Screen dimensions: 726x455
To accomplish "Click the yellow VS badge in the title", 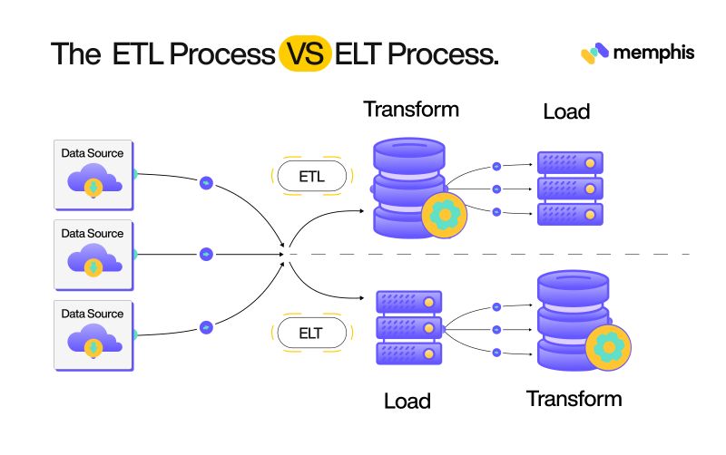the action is [305, 53].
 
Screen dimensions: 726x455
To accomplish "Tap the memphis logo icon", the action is [594, 53].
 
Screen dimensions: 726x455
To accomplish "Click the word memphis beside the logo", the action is [653, 53].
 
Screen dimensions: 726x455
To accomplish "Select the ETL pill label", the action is [311, 176].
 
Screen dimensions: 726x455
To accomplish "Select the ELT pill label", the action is [311, 333].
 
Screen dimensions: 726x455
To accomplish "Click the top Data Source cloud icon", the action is [94, 180].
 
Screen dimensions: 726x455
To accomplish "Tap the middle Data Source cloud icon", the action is [94, 261].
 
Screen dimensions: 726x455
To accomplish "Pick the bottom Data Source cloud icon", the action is [94, 341].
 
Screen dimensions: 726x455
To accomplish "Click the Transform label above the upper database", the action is [411, 110].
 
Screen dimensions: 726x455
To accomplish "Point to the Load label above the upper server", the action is [566, 111].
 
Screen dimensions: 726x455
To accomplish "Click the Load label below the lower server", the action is [407, 401].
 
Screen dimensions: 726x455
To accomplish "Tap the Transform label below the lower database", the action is [574, 399].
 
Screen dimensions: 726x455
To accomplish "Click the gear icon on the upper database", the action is [445, 215].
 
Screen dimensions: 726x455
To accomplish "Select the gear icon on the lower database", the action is [608, 347].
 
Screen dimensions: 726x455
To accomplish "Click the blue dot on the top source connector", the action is [206, 183].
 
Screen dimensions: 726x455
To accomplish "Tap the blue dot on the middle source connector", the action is [206, 255].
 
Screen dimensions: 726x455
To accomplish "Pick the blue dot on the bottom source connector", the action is [206, 327].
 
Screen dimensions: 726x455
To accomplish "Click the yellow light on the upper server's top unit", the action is [590, 163].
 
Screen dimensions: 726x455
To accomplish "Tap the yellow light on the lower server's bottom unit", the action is [428, 354].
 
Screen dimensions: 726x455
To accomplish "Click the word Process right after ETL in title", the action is [222, 54].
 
